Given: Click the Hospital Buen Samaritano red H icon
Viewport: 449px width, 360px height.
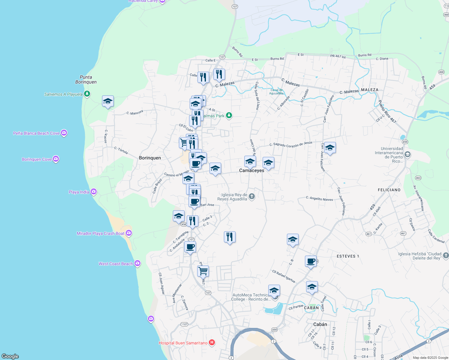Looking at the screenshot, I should tap(212, 343).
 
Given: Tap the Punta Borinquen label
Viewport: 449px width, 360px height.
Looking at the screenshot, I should tap(86, 79).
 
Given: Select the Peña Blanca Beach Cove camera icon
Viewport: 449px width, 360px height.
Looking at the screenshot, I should tap(64, 133).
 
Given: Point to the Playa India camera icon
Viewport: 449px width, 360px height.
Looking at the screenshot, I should tap(94, 191).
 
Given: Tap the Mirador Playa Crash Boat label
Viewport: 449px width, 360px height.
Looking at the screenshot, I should tap(100, 233).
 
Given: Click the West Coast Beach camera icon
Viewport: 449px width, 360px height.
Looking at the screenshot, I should tap(137, 263).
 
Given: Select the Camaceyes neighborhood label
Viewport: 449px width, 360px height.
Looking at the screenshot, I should tap(252, 170).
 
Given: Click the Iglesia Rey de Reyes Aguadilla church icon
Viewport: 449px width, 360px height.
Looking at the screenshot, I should tap(252, 196).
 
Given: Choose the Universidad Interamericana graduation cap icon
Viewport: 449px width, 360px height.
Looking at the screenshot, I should tap(407, 154).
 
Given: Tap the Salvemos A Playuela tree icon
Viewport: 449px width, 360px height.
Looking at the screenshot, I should tap(87, 94).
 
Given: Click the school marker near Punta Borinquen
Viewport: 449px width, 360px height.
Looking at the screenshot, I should tap(108, 101).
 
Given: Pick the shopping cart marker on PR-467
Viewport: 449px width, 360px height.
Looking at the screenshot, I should tap(203, 271).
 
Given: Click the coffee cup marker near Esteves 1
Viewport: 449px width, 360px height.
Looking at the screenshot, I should tap(311, 261).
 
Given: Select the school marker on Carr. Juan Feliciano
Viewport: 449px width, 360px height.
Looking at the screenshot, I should tap(330, 148).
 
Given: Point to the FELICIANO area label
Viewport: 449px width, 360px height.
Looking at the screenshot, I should tap(389, 190).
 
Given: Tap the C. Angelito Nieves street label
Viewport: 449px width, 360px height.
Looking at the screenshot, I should tap(319, 199).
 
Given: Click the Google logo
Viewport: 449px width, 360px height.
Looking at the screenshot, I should tap(10, 356).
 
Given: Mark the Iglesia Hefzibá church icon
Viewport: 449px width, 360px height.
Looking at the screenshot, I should tap(446, 256).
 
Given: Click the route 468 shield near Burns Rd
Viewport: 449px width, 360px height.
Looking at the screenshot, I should tap(441, 72).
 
